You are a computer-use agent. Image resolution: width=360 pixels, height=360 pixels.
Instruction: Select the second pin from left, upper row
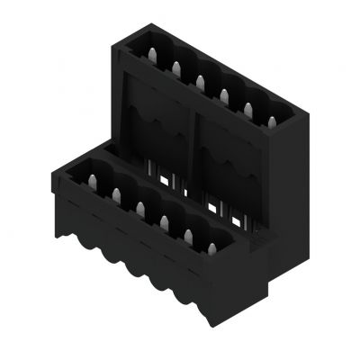click(175, 66)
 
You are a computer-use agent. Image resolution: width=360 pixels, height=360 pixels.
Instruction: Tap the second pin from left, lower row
click(116, 192)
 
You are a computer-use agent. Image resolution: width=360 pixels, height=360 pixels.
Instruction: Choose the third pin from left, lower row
click(140, 206)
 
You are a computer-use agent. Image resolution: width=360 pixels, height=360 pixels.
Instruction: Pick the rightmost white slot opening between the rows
click(238, 221)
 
